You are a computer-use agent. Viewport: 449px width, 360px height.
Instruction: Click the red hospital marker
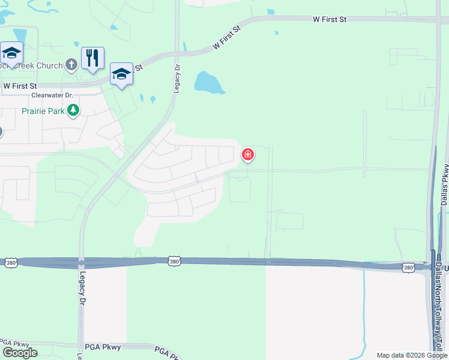coord(247,155)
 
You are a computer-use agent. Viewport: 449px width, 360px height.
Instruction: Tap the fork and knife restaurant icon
coord(92,58)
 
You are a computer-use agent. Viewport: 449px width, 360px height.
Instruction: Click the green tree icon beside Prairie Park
coord(73,110)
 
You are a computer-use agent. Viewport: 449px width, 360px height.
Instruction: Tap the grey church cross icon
coord(71,64)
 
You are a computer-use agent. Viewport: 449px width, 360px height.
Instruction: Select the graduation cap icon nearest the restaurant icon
coord(121,74)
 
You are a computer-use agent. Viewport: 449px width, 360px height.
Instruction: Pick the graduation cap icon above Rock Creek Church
coord(11,53)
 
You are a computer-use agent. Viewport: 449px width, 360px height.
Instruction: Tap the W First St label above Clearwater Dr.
coord(20,86)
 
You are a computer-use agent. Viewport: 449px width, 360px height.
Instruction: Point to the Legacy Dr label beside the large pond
coord(177,77)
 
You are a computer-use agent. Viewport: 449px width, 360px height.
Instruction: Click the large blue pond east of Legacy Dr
coord(208,82)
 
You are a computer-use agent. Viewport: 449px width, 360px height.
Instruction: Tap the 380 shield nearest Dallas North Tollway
coord(408,267)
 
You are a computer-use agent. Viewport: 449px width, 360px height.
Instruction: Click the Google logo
coord(20,353)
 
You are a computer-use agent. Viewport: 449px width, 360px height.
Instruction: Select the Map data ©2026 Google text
coord(411,355)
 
